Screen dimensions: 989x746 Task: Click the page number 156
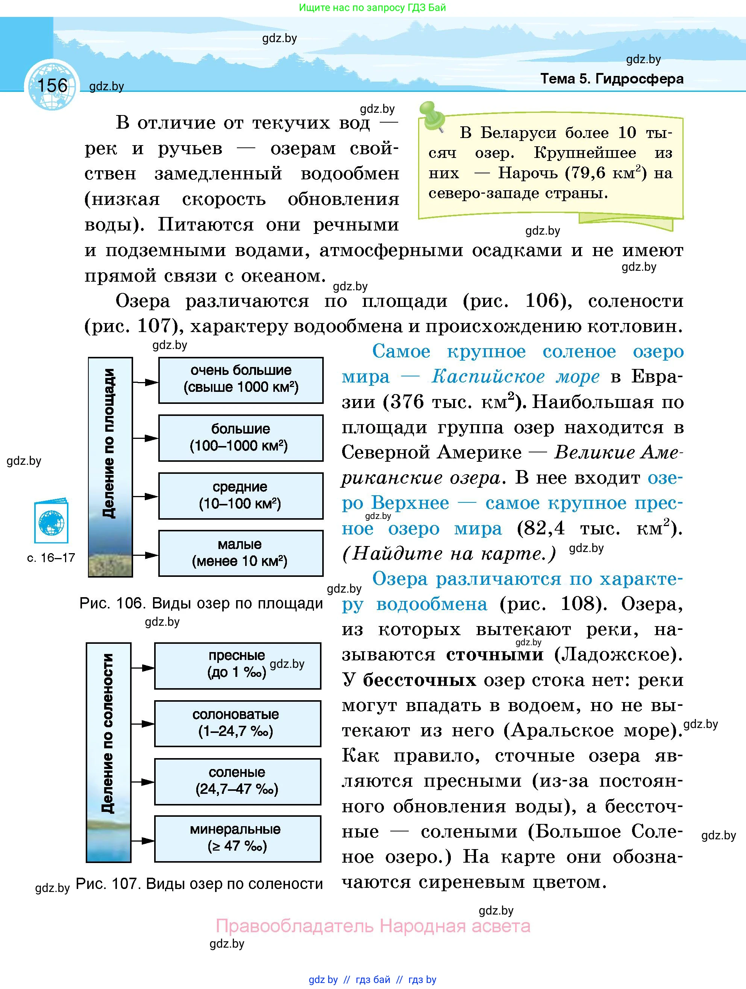pos(52,85)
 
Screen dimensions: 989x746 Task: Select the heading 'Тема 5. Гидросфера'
pos(611,79)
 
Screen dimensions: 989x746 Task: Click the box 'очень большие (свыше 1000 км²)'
pos(241,380)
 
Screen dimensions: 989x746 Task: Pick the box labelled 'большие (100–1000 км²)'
pos(241,438)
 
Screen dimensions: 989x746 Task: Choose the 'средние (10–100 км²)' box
pos(241,496)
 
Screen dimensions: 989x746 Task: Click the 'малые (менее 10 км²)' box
pos(241,553)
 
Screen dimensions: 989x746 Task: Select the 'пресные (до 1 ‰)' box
pos(237,666)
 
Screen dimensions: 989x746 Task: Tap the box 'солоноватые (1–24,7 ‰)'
pos(237,724)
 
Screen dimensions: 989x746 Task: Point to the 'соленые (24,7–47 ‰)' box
pos(237,781)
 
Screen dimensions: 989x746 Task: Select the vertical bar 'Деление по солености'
pos(108,752)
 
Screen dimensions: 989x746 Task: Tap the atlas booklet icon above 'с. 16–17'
pos(52,522)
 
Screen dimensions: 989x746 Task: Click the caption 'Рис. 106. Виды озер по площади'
pos(201,603)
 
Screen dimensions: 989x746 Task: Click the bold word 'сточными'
pos(495,655)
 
